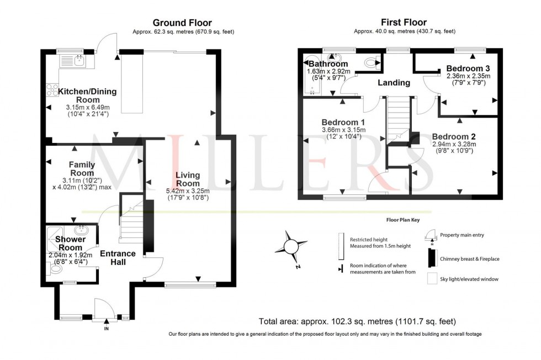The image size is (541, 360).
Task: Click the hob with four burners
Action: pos(52,89)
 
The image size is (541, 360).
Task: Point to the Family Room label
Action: pos(82,168)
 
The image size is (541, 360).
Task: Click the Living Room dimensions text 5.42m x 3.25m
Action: pos(188,190)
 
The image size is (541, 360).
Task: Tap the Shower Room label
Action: pos(70,243)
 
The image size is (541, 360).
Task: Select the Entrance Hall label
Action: pos(118,257)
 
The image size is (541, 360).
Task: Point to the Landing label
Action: pos(394,83)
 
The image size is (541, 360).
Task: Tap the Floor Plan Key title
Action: pos(402,220)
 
